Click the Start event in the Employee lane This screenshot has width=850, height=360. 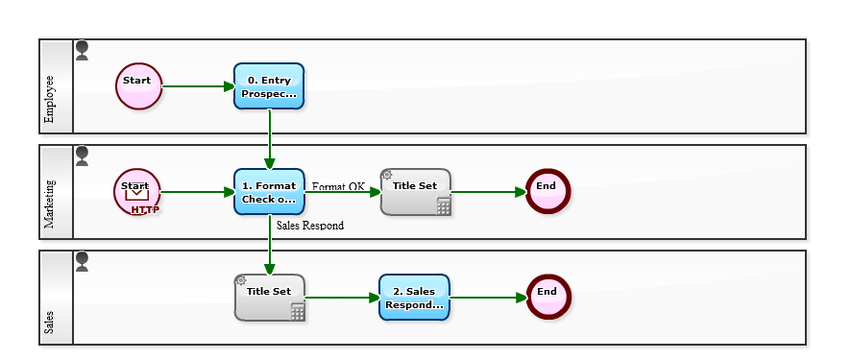coord(138,86)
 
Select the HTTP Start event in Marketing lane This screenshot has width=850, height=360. coord(137,192)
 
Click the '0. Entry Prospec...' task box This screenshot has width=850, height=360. coord(269,86)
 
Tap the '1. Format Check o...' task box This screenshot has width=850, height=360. coord(269,192)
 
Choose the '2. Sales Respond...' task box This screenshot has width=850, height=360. coord(414,298)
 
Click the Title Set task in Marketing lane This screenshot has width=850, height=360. coord(415,192)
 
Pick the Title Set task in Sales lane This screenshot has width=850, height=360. coord(269,298)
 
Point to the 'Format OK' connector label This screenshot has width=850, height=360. coord(338,186)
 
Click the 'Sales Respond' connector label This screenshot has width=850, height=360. coord(309,226)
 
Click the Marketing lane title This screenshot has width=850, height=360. coord(50,204)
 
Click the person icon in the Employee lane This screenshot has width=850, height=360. coord(82,50)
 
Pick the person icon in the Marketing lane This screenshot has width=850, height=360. coord(82,156)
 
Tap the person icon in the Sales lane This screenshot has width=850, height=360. coord(82,261)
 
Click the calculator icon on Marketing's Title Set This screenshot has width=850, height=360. coord(443,206)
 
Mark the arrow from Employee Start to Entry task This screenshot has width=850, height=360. coord(198,86)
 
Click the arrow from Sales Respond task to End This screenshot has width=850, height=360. coord(488,298)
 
